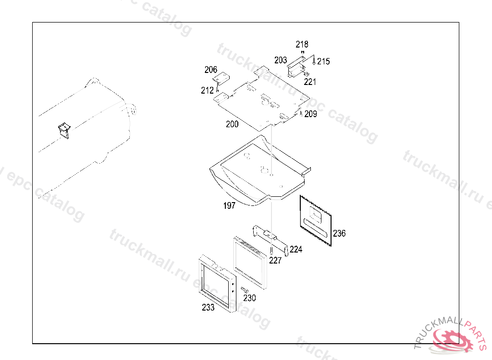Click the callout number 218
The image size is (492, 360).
click(302, 44)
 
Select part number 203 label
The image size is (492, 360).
click(281, 60)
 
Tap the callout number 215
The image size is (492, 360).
click(323, 61)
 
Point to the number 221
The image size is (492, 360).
click(310, 82)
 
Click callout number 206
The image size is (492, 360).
click(211, 70)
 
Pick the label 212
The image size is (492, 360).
click(207, 91)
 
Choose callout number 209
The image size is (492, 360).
click(311, 114)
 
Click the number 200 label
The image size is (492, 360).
click(232, 124)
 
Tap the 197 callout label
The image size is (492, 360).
click(229, 206)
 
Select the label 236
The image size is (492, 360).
click(339, 233)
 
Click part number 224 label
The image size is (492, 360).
click(296, 249)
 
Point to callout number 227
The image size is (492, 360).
click(275, 261)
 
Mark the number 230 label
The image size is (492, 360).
click(249, 298)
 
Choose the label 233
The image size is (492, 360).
click(208, 307)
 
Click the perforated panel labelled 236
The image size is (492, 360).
click(316, 221)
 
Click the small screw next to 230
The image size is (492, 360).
click(245, 290)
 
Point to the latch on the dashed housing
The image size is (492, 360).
click(64, 130)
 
